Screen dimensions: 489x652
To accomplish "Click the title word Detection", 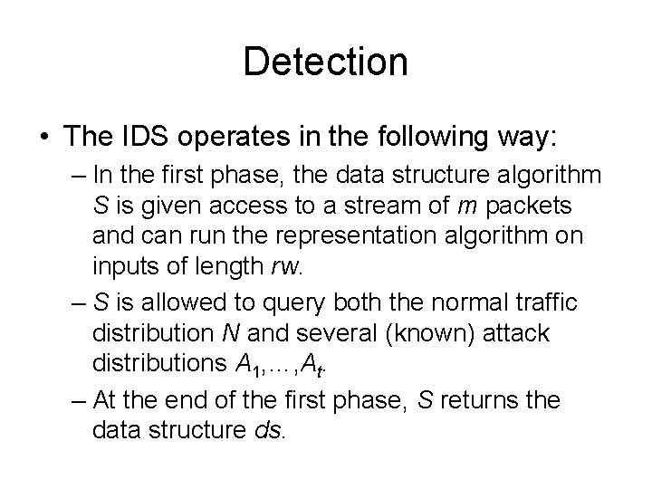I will coord(326,62).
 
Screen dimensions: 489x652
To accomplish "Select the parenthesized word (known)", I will coord(427,333).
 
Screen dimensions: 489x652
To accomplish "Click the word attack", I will coord(518,333).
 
